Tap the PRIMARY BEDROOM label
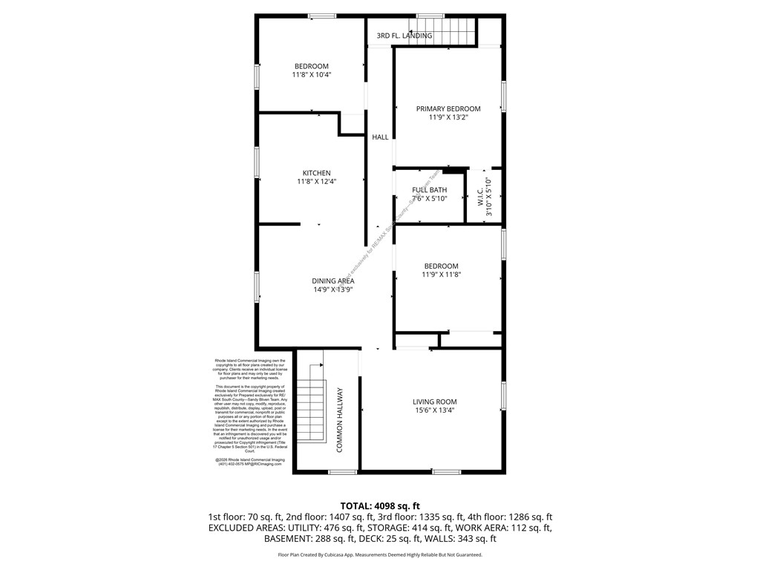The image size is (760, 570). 448,108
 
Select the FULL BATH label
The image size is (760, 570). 429,190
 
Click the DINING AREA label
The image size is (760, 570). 332,281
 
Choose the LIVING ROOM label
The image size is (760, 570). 434,402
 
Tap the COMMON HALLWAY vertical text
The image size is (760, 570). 340,420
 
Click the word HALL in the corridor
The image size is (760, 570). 380,137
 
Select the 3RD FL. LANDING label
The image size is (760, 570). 404,36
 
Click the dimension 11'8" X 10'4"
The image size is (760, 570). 311,74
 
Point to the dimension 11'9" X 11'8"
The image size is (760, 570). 441,275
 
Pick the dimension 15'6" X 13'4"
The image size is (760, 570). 434,410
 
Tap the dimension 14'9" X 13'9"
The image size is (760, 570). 332,289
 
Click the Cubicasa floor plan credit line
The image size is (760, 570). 379,554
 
